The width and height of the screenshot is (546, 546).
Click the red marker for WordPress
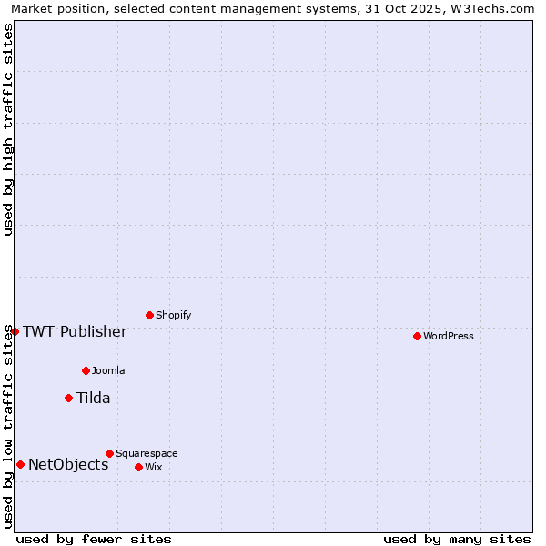coord(417,336)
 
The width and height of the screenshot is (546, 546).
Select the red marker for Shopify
coord(149,315)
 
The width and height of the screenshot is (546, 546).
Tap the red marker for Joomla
coord(86,370)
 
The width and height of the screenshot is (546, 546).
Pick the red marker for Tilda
coord(68,398)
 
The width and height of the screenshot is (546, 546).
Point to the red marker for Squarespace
coord(109,453)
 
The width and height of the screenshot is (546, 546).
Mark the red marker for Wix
coord(138,467)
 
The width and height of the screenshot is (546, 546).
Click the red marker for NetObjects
coord(20,464)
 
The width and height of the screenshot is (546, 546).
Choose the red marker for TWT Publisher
coord(15,331)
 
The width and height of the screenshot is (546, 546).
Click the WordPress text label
coord(449,336)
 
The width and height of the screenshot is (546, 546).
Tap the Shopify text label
coord(173,315)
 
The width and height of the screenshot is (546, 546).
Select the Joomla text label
coord(108,370)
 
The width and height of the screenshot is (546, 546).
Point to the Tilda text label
coord(93,398)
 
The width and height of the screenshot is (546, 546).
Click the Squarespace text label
coord(147,453)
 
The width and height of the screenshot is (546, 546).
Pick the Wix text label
coord(153,467)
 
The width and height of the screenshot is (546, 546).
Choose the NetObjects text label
coord(68,464)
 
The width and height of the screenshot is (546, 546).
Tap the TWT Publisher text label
coord(75,331)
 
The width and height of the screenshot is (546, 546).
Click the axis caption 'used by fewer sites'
coord(94,539)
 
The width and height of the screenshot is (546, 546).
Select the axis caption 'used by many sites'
coord(457,539)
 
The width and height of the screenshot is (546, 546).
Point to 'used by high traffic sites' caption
coord(9,129)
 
